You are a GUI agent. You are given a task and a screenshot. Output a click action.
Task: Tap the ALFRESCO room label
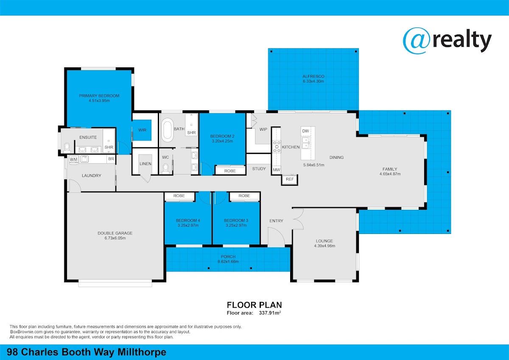tap(313, 76)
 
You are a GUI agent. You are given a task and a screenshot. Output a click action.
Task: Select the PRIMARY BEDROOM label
tap(99, 96)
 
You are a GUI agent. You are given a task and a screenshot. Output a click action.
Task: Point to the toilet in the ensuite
tap(67, 148)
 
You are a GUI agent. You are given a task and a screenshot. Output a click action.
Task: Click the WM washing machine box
tap(74, 160)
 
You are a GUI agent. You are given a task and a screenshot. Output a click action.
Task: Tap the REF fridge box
tap(290, 179)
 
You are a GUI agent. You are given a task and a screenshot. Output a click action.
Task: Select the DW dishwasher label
tap(306, 131)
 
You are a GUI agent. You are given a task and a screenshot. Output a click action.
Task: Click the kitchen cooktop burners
tap(277, 147)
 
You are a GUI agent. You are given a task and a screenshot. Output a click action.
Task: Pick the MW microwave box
tap(276, 170)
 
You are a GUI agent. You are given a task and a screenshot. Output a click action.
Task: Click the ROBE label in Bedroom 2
tap(230, 171)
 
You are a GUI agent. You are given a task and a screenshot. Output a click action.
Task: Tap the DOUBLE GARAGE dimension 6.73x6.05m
tap(115, 238)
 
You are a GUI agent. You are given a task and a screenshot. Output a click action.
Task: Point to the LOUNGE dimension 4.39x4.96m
tap(324, 246)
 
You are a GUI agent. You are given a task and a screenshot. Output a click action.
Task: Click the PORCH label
tap(228, 256)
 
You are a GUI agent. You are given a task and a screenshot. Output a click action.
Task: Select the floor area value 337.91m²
tap(270, 313)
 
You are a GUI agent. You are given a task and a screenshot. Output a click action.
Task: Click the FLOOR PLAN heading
tap(254, 305)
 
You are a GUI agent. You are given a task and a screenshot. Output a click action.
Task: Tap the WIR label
tap(142, 130)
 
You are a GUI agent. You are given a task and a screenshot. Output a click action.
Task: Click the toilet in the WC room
tap(166, 169)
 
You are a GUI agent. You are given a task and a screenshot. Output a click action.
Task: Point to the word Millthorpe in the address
tap(142, 352)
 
